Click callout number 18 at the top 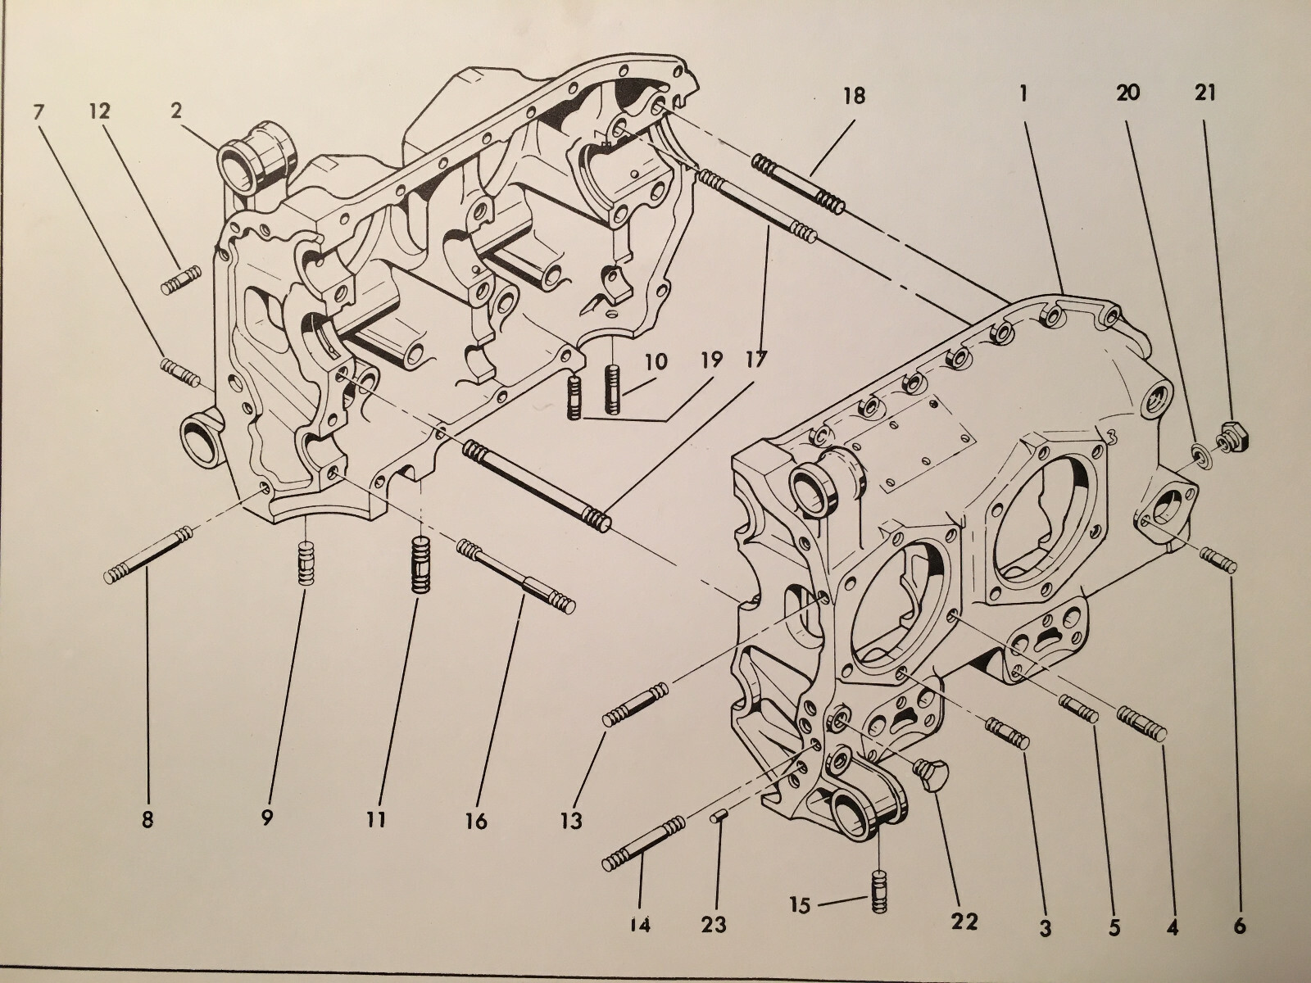pyautogui.click(x=853, y=97)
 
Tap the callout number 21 pyautogui.click(x=1204, y=93)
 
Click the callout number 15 pyautogui.click(x=800, y=905)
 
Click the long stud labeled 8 pyautogui.click(x=147, y=554)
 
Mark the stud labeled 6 pyautogui.click(x=1218, y=562)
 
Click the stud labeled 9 pyautogui.click(x=305, y=564)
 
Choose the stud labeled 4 pyautogui.click(x=1142, y=724)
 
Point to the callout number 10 pyautogui.click(x=655, y=361)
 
